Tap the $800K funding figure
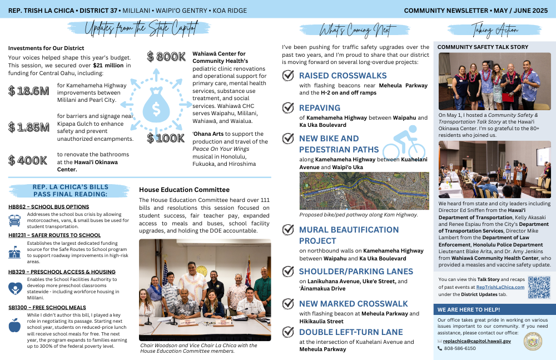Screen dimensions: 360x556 click(166, 57)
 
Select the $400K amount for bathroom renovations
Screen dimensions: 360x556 click(28, 160)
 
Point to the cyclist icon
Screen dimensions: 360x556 click(404, 142)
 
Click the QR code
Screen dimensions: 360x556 click(539, 287)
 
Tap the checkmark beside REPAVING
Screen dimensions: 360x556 click(288, 107)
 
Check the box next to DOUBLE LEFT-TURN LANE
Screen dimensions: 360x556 click(288, 332)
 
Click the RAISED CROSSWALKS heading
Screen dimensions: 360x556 click(342, 76)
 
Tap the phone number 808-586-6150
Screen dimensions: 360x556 click(460, 348)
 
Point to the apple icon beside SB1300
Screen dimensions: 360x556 click(15, 325)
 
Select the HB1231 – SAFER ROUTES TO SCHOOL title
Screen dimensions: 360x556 click(54, 235)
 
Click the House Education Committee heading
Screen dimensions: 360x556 click(184, 190)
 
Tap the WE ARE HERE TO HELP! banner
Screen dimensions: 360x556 click(469, 309)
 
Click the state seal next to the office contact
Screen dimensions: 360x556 click(533, 341)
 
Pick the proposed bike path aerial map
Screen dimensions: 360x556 click(364, 191)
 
